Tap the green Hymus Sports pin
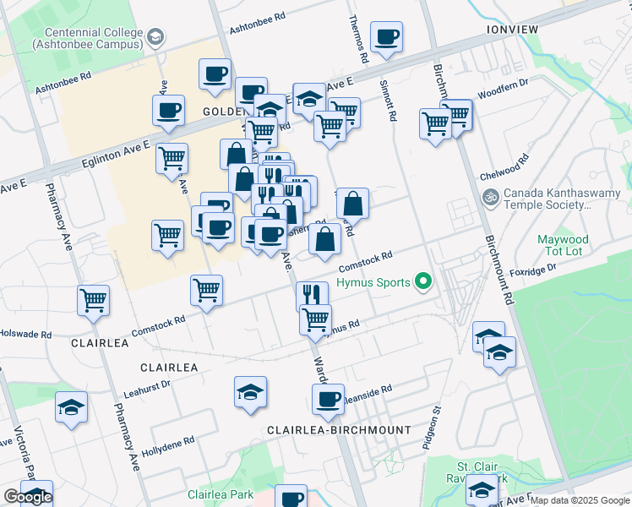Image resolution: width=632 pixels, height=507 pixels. coord(424,283)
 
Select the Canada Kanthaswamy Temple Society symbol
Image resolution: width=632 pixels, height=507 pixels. coord(489,197)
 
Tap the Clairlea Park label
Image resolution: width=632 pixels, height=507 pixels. coord(221,493)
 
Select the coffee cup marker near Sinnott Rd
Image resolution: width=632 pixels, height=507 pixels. coord(387,38)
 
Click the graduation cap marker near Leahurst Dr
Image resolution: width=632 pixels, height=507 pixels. coord(251,393)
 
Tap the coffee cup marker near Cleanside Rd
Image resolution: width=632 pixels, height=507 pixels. coord(328,400)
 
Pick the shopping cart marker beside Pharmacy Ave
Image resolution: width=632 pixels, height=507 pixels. coord(93,301)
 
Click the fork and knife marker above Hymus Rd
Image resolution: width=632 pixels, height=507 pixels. coord(313,295)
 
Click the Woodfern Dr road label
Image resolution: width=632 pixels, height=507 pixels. coord(502,89)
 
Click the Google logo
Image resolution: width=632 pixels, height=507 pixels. coord(28,497)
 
